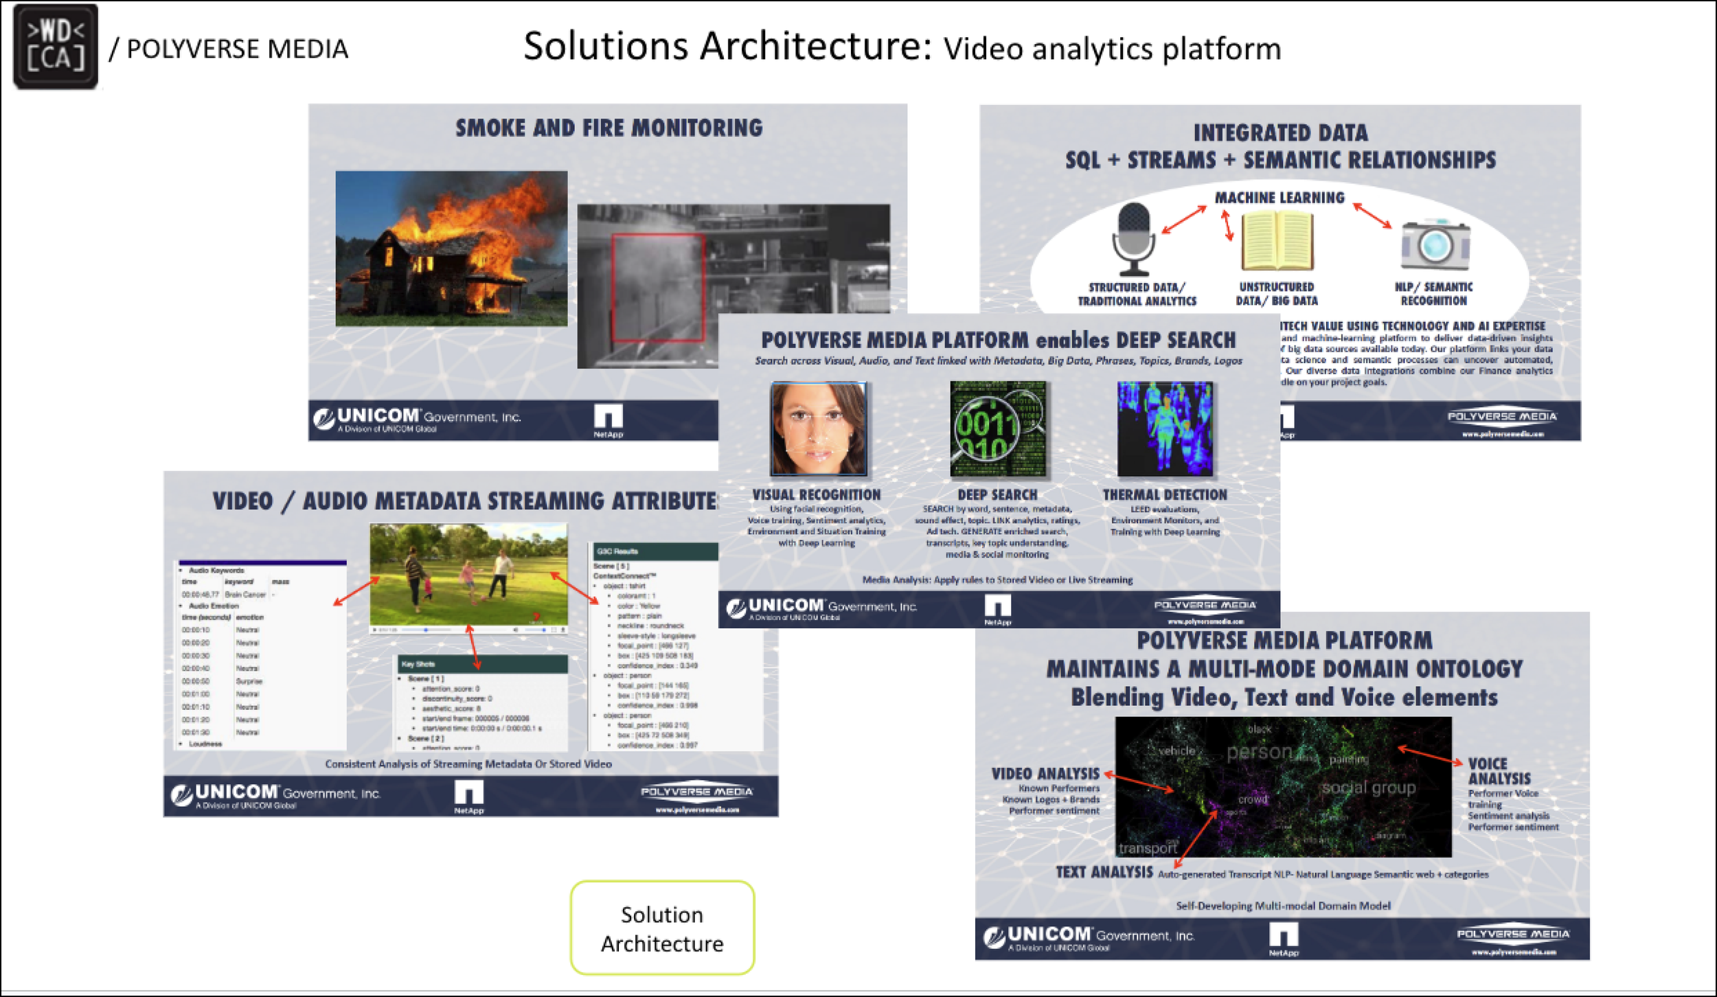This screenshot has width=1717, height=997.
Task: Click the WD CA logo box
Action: coord(56,47)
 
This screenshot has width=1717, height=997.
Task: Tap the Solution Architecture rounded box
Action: coord(662,928)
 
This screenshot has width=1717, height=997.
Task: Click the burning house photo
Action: coord(451,249)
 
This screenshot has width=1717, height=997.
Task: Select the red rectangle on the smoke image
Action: coord(657,288)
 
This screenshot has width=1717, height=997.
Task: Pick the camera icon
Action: coord(1435,244)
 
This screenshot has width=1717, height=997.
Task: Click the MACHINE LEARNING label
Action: coord(1280,198)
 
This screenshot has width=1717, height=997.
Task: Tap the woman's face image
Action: coord(818,429)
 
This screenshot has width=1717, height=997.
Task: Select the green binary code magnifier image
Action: coord(998,429)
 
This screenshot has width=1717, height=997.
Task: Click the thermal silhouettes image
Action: coord(1165,429)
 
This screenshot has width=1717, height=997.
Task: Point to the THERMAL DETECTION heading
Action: coord(1165,494)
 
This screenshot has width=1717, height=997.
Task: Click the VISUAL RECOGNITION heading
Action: coord(816,494)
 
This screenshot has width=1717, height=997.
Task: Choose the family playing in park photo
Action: coord(469,575)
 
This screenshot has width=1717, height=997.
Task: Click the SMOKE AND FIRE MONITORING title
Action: coord(609,128)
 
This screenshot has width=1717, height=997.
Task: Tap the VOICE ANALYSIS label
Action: coord(1499,771)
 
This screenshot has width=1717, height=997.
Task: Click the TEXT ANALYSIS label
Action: coord(1104,872)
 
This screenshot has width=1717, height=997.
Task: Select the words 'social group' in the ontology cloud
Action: coord(1368,788)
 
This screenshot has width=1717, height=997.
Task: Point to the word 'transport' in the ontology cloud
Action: coord(1148,848)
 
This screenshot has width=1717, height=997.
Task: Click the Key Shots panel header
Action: coord(483,664)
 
